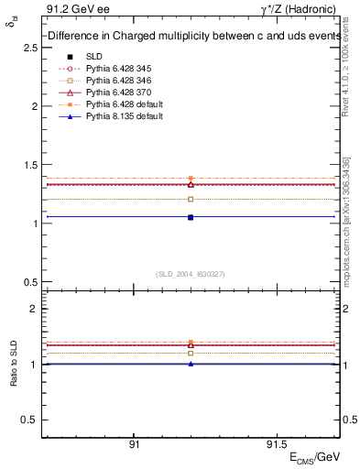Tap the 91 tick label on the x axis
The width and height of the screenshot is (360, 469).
[x=134, y=445]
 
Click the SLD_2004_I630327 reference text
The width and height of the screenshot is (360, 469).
[x=191, y=274]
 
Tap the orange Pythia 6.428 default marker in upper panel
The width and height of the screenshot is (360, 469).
[x=191, y=179]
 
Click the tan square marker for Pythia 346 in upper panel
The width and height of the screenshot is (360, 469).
[x=191, y=199]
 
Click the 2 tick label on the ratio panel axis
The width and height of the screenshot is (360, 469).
[x=34, y=309]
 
